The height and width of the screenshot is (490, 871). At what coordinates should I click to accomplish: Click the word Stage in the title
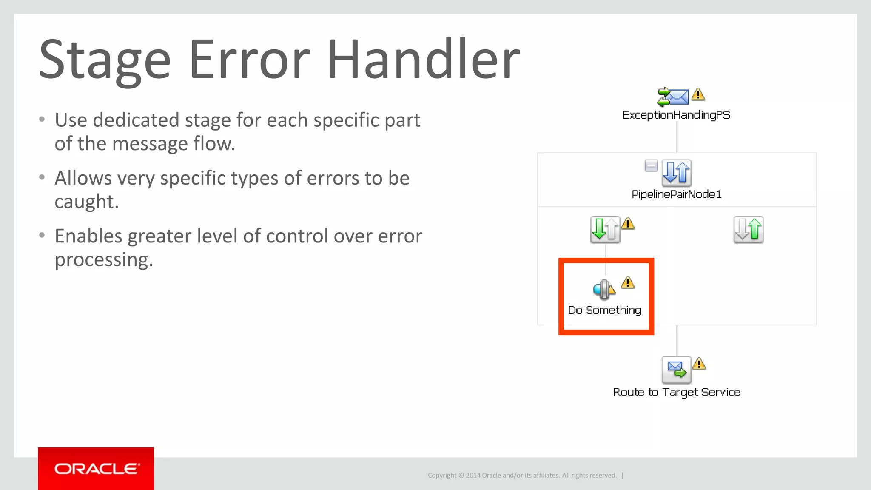coord(105,60)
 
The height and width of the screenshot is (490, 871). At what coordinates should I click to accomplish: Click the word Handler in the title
coord(423,60)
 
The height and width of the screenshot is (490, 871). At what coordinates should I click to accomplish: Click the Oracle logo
coord(96,468)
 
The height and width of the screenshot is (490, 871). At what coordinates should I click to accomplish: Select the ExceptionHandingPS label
coord(676,115)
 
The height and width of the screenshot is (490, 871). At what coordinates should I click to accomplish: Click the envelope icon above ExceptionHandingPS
coord(673,97)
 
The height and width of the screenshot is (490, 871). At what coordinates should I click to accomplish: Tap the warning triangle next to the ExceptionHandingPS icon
coord(698,94)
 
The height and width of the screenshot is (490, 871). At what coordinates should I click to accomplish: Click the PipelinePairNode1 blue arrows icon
coord(676,173)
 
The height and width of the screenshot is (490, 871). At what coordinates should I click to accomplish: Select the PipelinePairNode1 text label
coord(676,194)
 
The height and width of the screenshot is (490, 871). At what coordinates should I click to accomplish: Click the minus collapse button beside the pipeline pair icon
coord(651,165)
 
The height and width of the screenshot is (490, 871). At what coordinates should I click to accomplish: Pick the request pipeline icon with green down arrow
coord(605,230)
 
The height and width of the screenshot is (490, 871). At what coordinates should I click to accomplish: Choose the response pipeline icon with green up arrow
coord(748,230)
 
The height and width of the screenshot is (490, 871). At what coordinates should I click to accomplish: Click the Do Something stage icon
coord(603,290)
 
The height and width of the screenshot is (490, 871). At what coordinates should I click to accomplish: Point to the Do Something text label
coord(605,310)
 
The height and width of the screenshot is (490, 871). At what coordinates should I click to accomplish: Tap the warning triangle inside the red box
coord(628,283)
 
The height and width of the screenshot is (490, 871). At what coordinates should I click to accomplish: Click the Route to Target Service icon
coord(676,370)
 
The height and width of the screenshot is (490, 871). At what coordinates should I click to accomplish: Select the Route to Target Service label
coord(676,392)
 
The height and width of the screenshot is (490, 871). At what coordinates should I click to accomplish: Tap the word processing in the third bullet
coord(104,260)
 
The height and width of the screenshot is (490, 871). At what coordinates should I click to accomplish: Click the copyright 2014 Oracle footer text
coord(522,475)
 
